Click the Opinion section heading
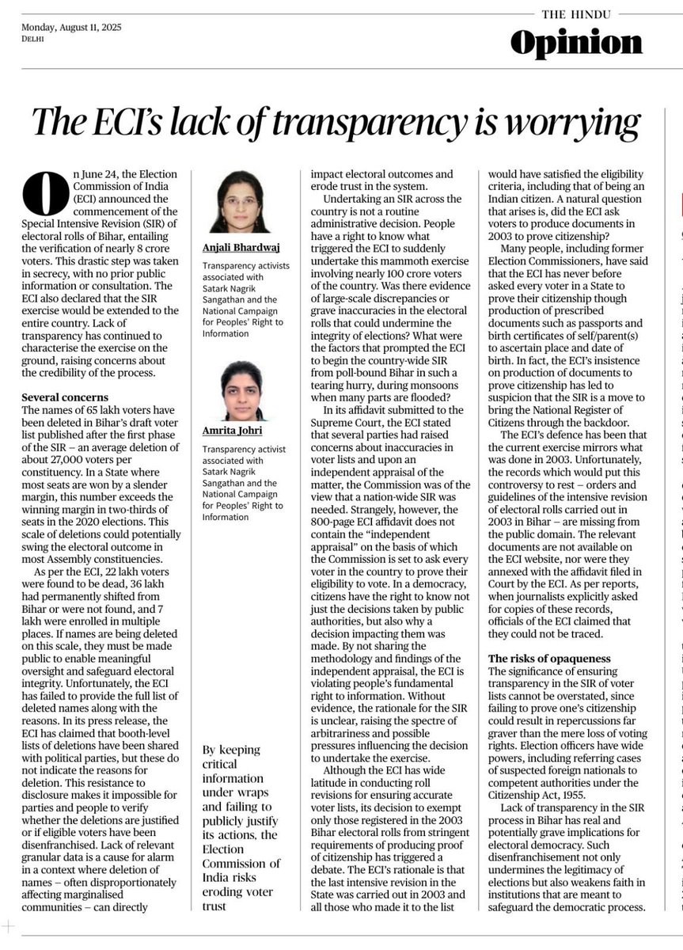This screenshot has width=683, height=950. coord(575,44)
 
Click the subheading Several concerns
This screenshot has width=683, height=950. coord(65,397)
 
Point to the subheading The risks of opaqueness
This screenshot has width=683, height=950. coord(548,659)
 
